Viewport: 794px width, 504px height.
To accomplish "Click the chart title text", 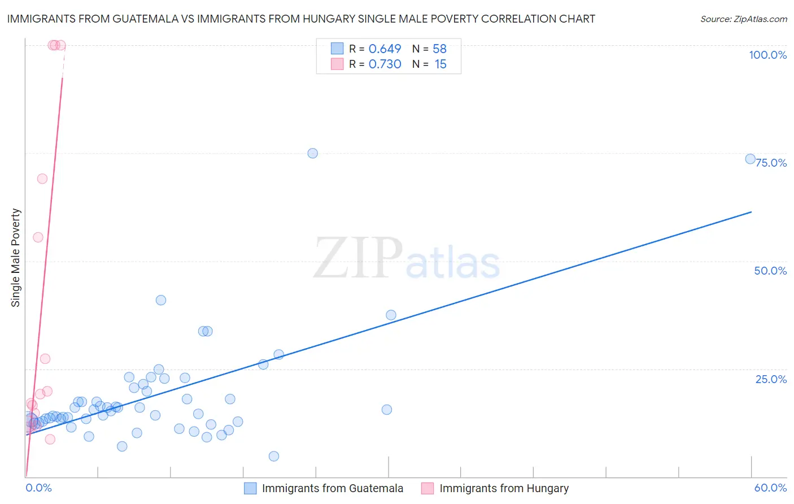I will click(300, 19).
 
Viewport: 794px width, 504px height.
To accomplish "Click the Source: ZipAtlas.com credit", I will click(743, 19).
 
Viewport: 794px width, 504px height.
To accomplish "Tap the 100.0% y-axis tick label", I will click(767, 55).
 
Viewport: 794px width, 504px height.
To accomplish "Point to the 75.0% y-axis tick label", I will click(771, 163).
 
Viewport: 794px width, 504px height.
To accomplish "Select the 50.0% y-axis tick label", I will click(770, 271).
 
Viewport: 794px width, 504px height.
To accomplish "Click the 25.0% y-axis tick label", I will click(771, 379).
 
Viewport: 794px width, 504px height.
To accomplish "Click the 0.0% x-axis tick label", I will click(38, 488).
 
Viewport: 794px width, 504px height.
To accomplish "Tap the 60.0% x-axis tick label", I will click(770, 488).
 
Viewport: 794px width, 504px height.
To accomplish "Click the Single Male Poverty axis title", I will click(16, 258).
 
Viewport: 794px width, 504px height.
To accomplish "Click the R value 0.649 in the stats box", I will click(385, 49).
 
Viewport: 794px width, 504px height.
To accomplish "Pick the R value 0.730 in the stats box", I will click(385, 64).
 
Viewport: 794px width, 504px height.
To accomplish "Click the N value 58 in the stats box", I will click(439, 49).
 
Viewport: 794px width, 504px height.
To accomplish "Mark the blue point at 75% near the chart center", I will click(312, 153).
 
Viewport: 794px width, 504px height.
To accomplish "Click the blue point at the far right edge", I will click(750, 159).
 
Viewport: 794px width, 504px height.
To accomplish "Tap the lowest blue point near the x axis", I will click(274, 456).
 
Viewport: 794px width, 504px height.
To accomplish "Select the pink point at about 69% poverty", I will click(42, 179).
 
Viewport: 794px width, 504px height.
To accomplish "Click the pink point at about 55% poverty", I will click(38, 237).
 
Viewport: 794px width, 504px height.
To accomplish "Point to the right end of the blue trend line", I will click(751, 212).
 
